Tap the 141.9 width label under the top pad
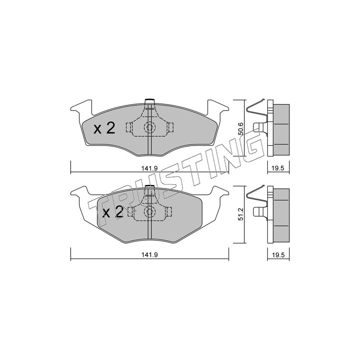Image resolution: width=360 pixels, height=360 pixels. [x=149, y=168]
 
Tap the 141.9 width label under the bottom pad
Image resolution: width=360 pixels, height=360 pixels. [x=149, y=255]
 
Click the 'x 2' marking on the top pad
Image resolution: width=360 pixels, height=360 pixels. [x=104, y=128]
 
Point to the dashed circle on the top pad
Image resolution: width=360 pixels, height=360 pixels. [x=150, y=127]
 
